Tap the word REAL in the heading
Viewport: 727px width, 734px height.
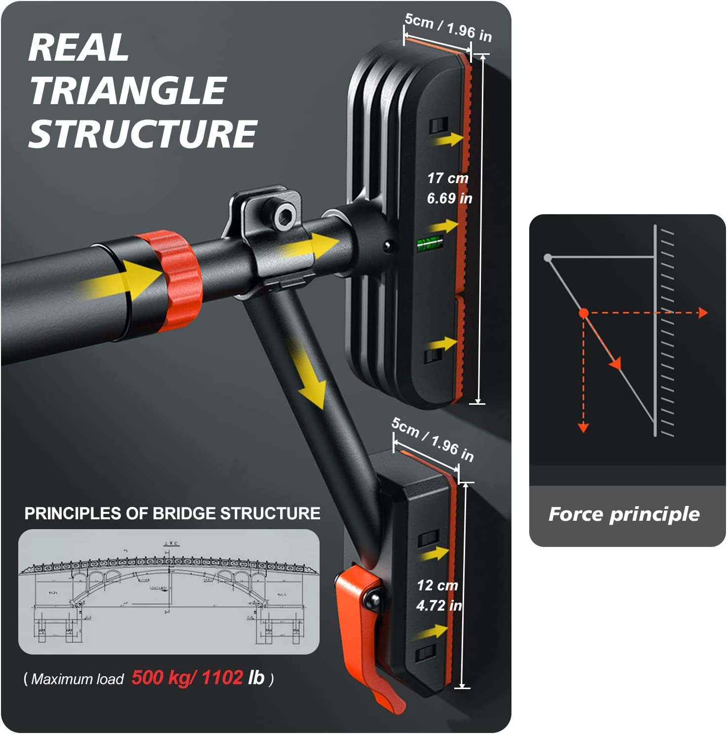(x=79, y=48)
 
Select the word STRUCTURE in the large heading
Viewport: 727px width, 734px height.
(x=143, y=134)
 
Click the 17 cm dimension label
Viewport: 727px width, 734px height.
(x=448, y=178)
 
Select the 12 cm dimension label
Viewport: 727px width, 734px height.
(x=437, y=585)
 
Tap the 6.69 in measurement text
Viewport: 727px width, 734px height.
(x=449, y=198)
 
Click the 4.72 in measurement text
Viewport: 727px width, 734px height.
(x=439, y=606)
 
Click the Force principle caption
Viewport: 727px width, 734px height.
(x=624, y=514)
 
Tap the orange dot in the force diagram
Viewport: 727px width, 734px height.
(x=584, y=313)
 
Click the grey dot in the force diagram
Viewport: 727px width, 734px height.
(x=548, y=258)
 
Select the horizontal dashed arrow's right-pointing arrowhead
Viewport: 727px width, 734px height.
(x=703, y=312)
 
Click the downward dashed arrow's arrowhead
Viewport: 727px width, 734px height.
(x=583, y=427)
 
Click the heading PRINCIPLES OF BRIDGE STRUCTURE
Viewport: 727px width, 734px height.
(x=172, y=513)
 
